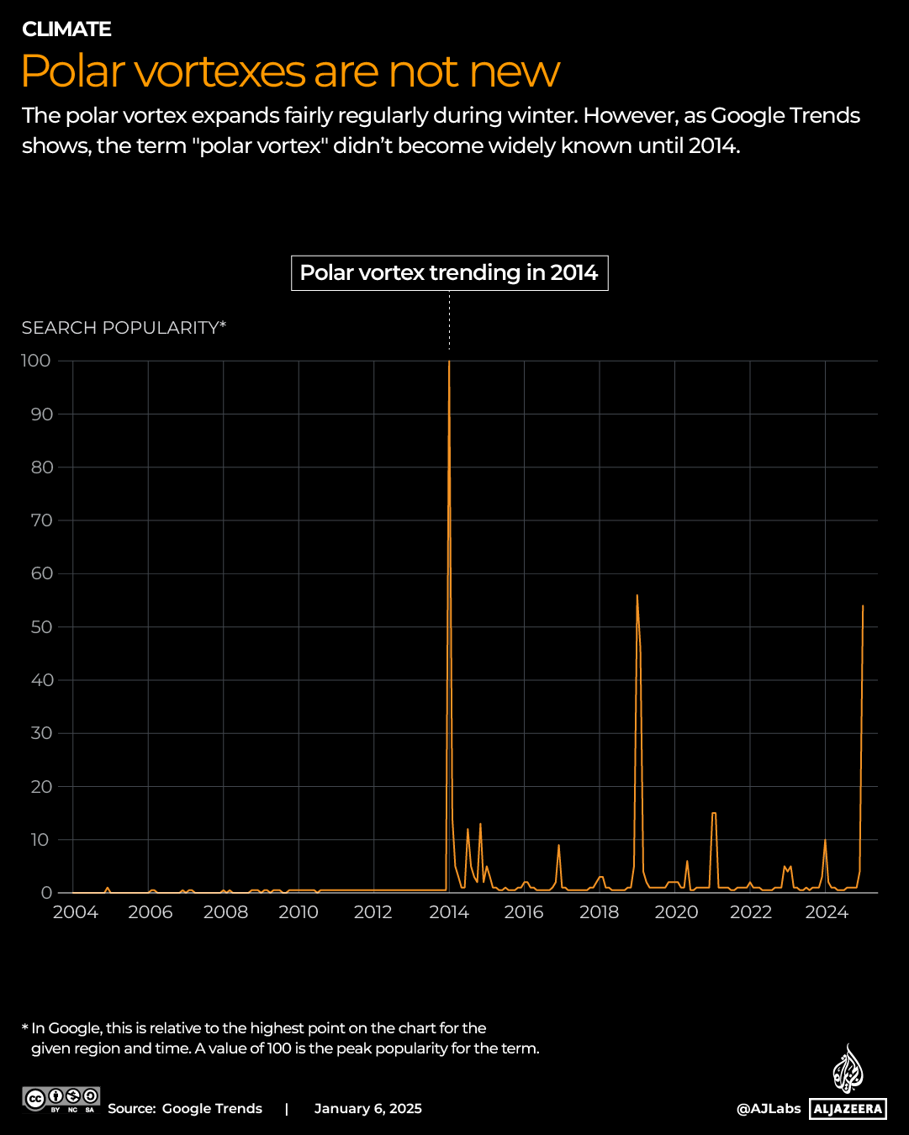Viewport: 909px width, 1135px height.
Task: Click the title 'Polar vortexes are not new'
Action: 290,71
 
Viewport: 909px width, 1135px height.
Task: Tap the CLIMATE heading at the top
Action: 66,29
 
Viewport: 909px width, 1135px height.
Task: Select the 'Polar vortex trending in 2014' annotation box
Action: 449,273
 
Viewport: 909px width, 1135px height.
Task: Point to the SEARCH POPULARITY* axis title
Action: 124,328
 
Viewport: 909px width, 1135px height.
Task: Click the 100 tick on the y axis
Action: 36,361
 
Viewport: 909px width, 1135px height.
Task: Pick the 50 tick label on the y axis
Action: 41,627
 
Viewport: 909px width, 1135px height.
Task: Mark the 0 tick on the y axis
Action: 47,893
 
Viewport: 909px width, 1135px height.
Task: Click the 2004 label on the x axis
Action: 75,912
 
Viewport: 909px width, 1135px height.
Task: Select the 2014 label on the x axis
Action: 449,912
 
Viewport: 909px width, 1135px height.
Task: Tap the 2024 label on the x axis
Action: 826,912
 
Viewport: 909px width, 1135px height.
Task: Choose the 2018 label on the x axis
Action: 600,912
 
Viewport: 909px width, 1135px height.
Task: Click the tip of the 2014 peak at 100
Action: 449,362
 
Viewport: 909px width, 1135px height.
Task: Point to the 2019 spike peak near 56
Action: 637,595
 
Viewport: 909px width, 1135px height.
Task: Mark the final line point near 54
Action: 863,605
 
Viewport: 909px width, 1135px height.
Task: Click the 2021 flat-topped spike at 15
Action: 714,813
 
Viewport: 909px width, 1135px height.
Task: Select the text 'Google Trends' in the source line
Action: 212,1109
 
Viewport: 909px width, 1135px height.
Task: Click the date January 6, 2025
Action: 367,1109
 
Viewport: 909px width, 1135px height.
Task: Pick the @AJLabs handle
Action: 769,1109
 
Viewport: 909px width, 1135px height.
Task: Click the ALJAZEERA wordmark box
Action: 848,1109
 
